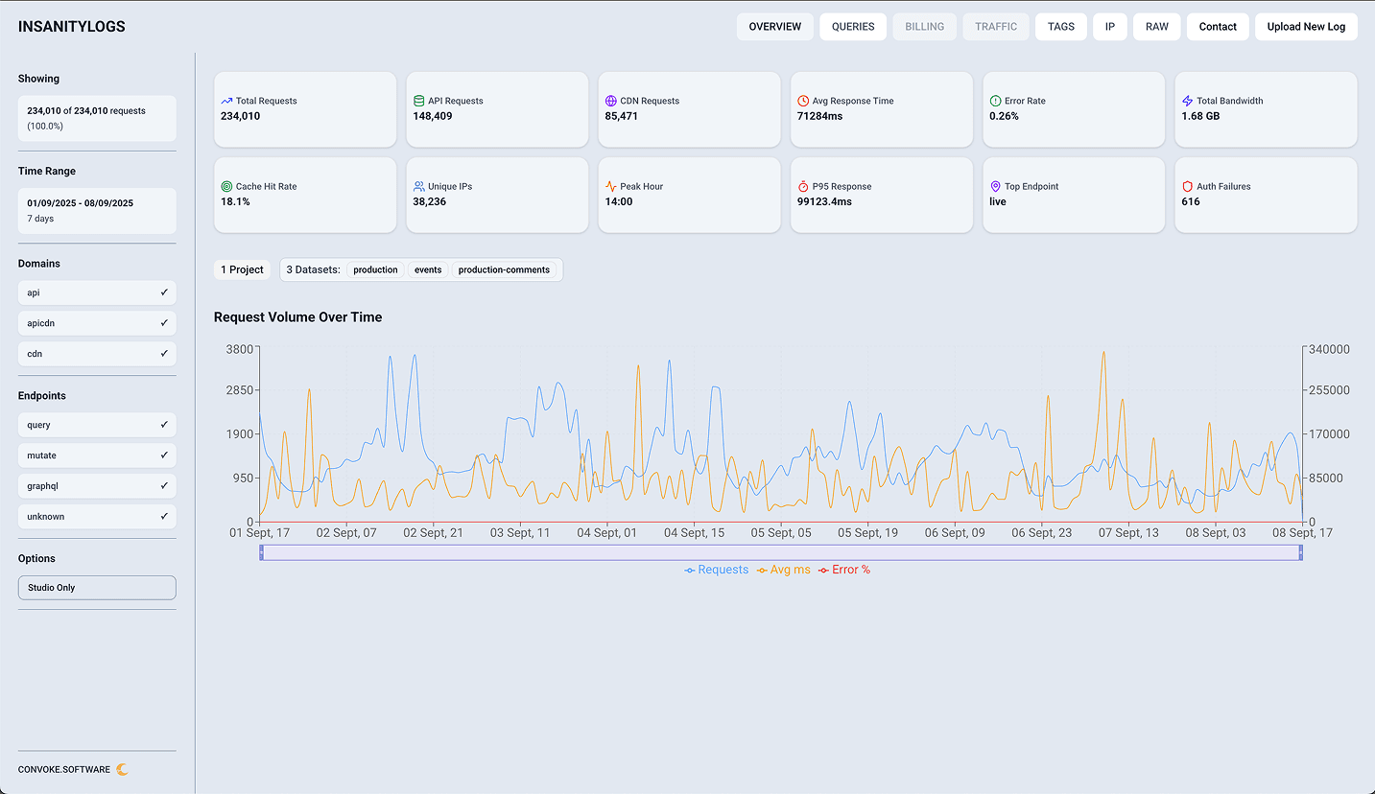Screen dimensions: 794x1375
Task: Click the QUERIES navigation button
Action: click(x=853, y=27)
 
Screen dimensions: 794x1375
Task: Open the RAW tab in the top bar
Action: click(x=1156, y=27)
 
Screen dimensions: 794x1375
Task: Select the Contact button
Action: click(x=1218, y=27)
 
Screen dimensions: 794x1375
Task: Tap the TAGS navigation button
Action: click(x=1060, y=27)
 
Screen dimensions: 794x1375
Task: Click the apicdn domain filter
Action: click(x=97, y=323)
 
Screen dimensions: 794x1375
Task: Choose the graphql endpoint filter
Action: click(x=97, y=486)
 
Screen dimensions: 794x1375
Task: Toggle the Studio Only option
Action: click(x=97, y=588)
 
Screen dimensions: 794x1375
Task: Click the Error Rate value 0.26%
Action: click(x=1004, y=116)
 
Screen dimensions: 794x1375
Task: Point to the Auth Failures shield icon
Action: click(x=1187, y=186)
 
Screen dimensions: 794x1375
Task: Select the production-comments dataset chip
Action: click(x=504, y=270)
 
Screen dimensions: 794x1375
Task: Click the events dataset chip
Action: click(x=428, y=270)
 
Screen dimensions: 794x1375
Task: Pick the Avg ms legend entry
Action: click(x=784, y=570)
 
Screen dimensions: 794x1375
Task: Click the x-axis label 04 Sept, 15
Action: click(x=694, y=533)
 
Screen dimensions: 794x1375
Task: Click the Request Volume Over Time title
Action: click(x=297, y=317)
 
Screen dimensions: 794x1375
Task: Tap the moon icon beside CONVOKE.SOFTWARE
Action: click(x=122, y=769)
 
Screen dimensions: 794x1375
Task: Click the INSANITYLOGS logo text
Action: click(x=72, y=27)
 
